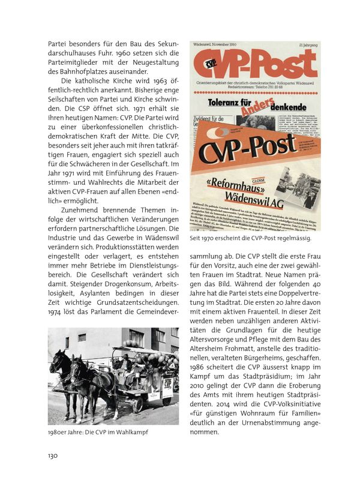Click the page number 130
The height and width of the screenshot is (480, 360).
pyautogui.click(x=53, y=455)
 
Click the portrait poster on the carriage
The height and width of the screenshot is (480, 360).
pyautogui.click(x=155, y=381)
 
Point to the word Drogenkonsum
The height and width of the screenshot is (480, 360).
pyautogui.click(x=107, y=279)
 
